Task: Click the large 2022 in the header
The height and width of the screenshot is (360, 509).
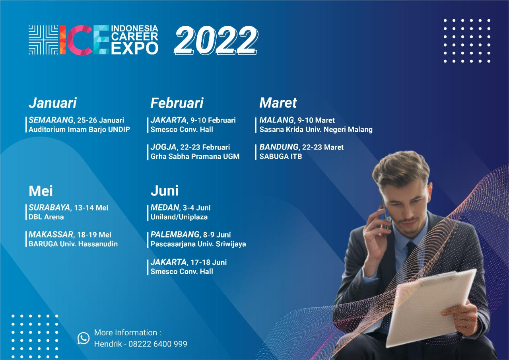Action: tap(216, 40)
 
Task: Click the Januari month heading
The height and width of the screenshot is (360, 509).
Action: tap(52, 103)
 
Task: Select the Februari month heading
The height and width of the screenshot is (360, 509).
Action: tap(177, 103)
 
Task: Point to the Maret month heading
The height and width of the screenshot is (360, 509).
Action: tap(278, 103)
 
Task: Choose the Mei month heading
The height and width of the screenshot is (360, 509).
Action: tap(41, 191)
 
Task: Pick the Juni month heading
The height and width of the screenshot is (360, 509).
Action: tap(164, 191)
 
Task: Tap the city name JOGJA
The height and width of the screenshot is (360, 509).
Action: tap(163, 147)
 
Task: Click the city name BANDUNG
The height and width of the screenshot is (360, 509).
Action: tap(279, 147)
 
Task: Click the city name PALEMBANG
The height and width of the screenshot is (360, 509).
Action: tap(175, 235)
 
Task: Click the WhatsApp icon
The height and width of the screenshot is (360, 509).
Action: tap(84, 338)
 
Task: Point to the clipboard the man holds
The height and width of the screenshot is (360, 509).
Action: tap(431, 306)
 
